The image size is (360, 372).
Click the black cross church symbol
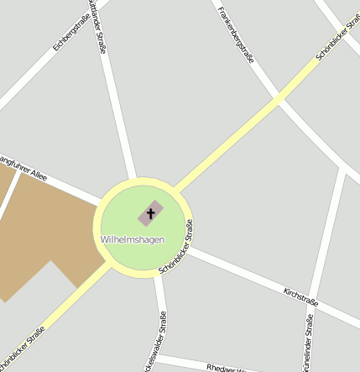[151, 213]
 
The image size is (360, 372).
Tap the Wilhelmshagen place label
[132, 240]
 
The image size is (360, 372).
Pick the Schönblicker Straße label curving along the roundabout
[178, 247]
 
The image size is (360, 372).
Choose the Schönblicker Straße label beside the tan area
[23, 348]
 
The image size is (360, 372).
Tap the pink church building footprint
[151, 212]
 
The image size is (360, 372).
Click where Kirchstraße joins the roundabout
[190, 250]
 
